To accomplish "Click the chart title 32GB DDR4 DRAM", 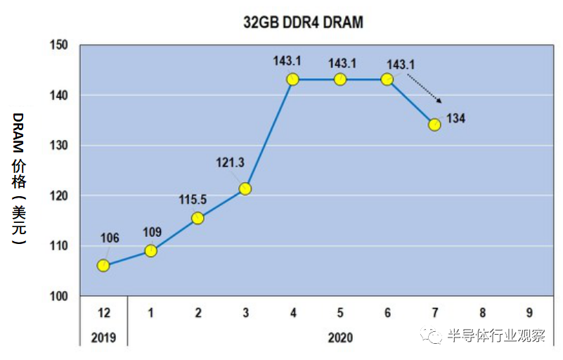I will [303, 22].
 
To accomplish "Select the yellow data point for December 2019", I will [103, 266].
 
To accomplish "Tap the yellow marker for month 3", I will [245, 188].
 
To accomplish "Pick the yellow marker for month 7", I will [434, 124].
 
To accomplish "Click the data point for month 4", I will [292, 79].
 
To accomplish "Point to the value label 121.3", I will [230, 163].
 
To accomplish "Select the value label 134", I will [455, 118].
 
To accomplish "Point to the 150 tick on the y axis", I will [59, 45].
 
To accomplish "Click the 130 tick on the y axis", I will [59, 146].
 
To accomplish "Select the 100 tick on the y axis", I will [59, 296].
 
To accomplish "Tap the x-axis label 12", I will [103, 312].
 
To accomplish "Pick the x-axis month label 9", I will [529, 312].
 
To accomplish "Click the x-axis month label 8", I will [481, 312].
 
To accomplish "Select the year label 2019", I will [103, 337].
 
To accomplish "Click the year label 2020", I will [340, 337].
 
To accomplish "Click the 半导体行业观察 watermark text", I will [496, 335].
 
